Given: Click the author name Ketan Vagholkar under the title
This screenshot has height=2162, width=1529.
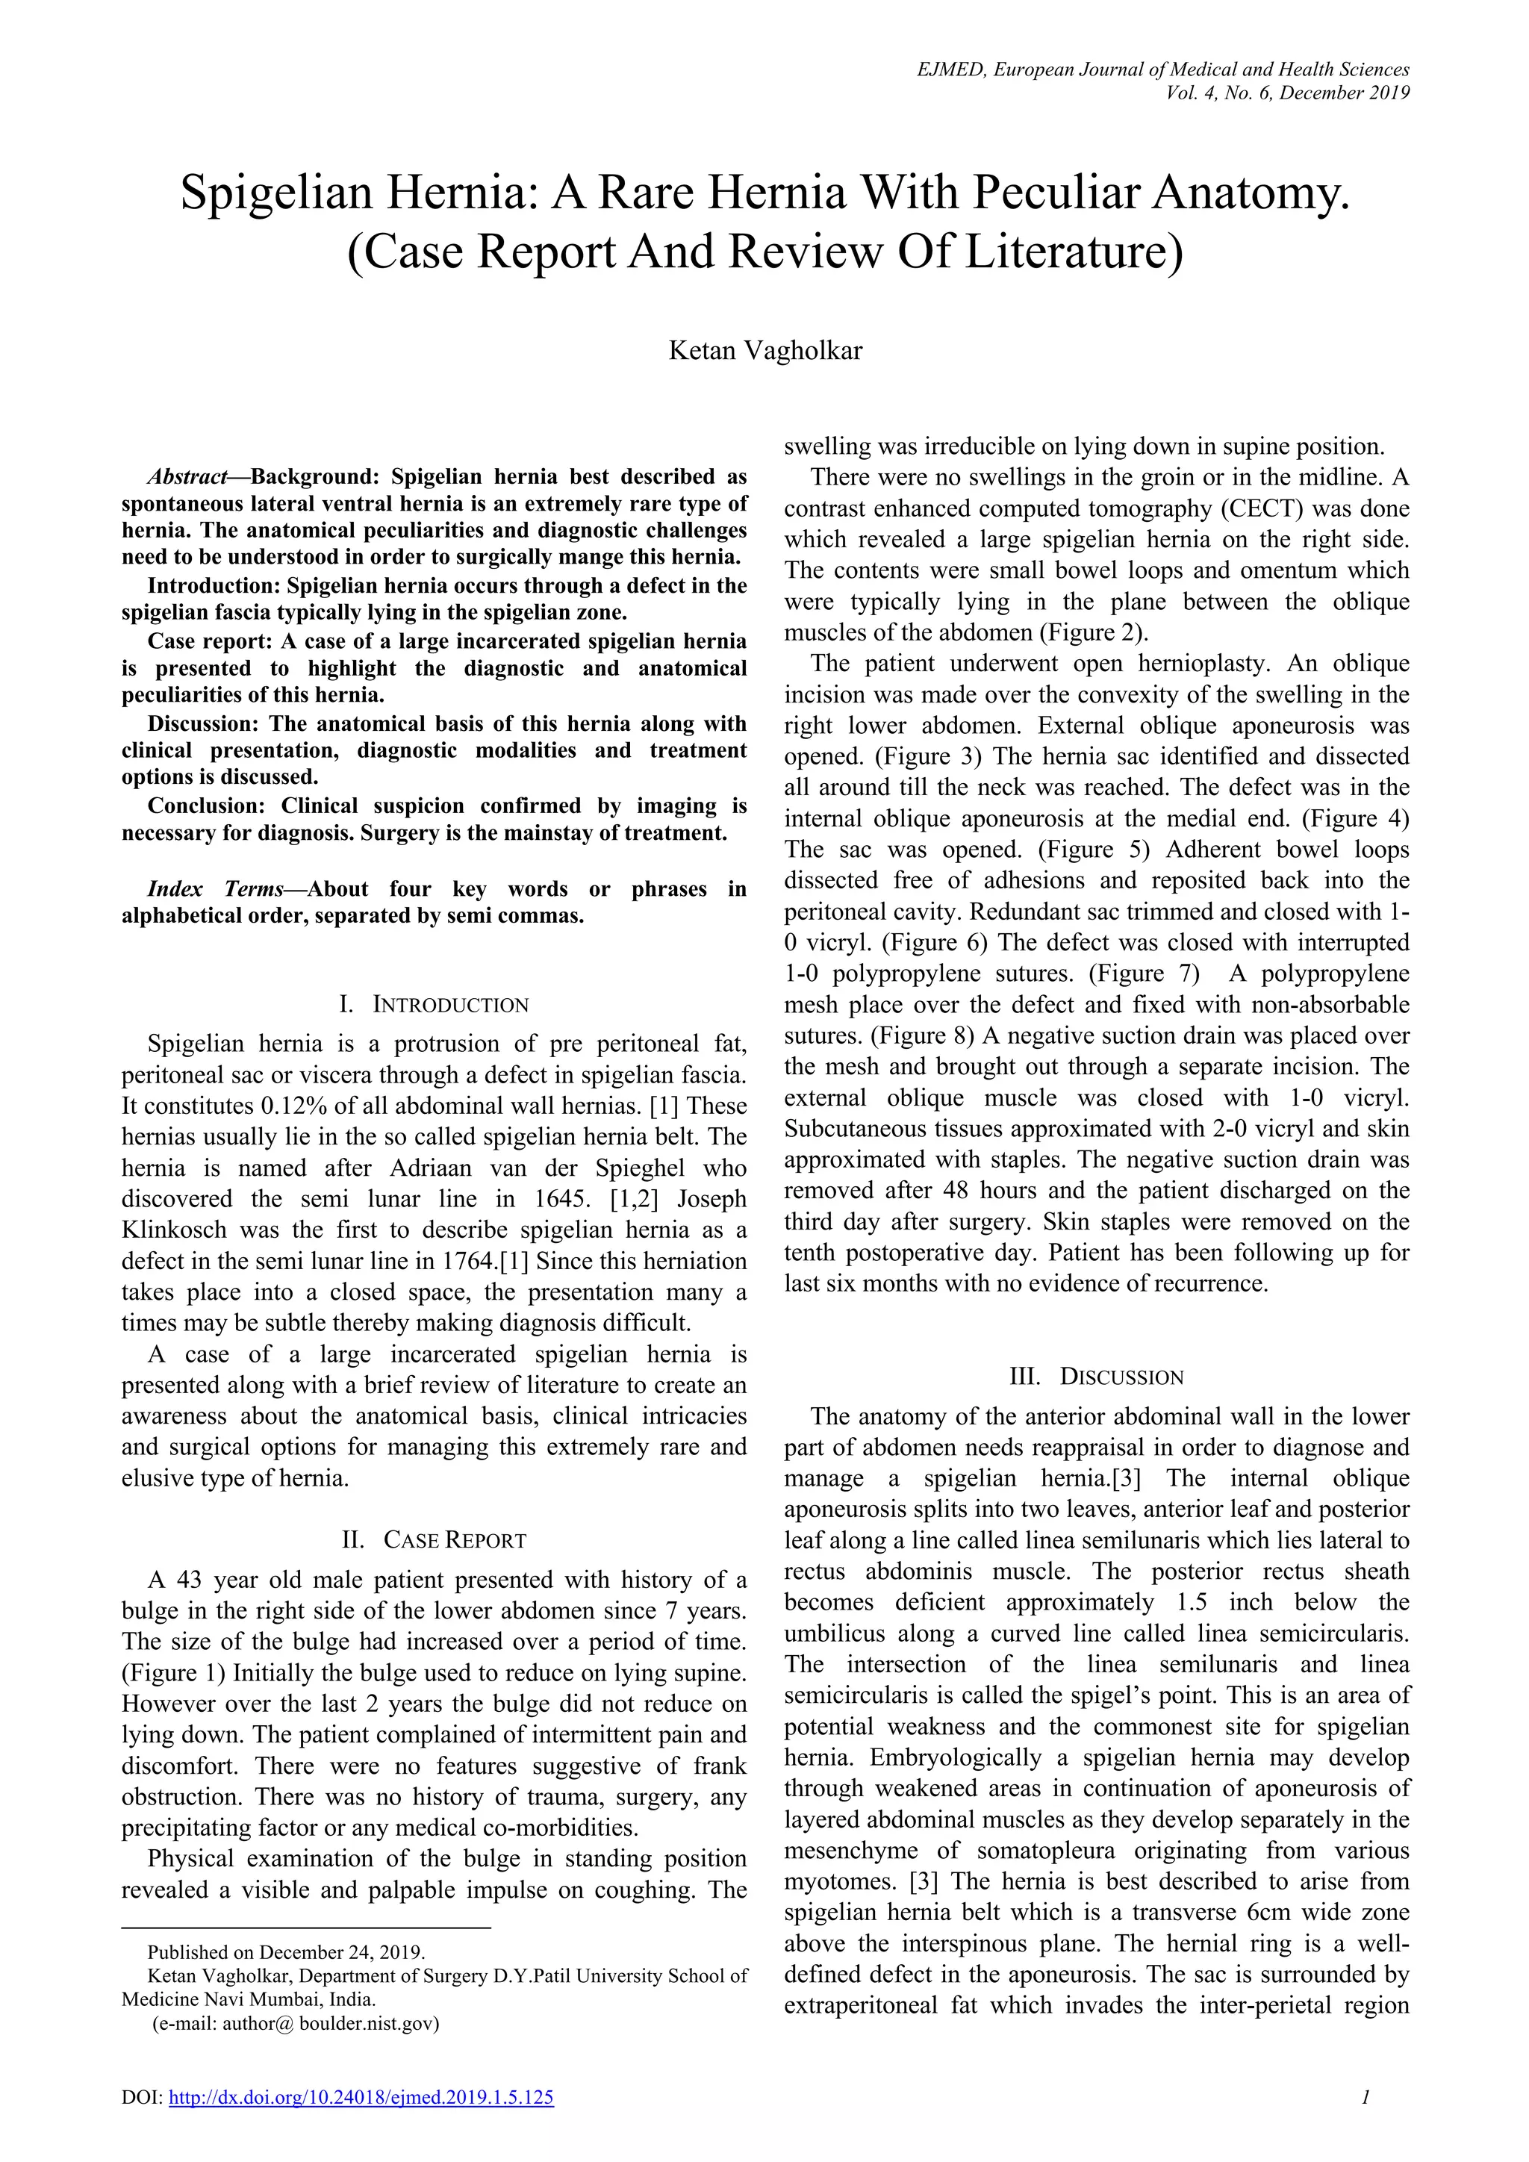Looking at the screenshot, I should [764, 351].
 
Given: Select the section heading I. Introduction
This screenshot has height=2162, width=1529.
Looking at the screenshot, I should [434, 1005].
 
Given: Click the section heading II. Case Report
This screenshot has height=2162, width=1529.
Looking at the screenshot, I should [434, 1541].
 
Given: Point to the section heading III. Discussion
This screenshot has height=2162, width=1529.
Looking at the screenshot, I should [1096, 1377].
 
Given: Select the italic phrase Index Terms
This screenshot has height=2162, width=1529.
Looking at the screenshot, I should [215, 889].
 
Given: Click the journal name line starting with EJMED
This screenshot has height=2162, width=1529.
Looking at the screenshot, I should [1162, 69].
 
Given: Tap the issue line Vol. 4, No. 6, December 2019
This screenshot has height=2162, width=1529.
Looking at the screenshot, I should [1287, 93].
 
